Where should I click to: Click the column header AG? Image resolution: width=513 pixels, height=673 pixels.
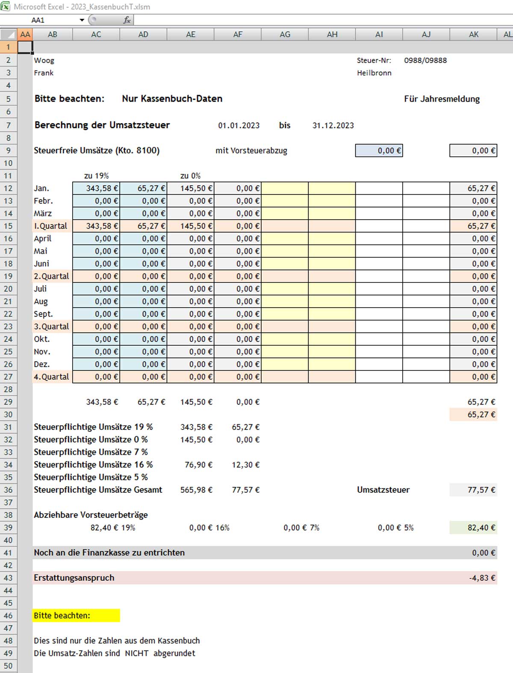click(285, 35)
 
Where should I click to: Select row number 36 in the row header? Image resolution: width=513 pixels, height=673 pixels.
click(9, 490)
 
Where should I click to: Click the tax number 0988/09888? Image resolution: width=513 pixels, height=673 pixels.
click(425, 61)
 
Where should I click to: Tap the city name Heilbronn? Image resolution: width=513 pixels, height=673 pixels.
click(374, 73)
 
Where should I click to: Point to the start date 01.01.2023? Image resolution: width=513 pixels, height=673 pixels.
click(239, 126)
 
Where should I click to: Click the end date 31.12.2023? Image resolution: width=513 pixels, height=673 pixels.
click(333, 126)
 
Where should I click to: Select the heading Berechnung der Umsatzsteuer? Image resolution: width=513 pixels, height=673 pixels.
click(102, 125)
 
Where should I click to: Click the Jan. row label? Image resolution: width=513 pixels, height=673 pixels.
click(41, 188)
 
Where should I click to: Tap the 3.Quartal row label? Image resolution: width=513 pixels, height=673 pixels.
click(51, 326)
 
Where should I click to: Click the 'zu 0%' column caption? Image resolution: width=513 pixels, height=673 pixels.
click(190, 176)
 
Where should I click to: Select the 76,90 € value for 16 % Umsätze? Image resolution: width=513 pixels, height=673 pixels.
click(198, 465)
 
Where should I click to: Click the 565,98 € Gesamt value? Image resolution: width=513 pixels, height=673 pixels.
click(196, 490)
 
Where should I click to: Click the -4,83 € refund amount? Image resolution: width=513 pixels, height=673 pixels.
click(482, 578)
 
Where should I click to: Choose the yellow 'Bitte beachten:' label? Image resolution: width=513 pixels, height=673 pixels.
click(62, 616)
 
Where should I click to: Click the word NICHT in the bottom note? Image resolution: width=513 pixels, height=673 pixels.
click(136, 653)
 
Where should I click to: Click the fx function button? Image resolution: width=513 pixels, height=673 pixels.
click(127, 20)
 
